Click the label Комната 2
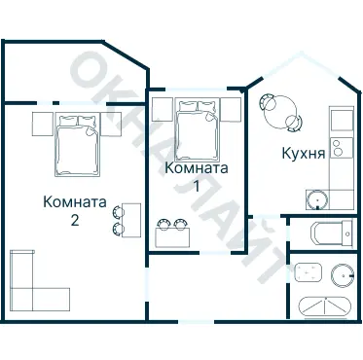pyautogui.click(x=75, y=211)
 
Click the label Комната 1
pyautogui.click(x=197, y=176)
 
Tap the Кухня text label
pyautogui.click(x=302, y=153)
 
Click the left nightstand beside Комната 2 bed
pyautogui.click(x=42, y=124)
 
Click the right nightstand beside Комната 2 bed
pyautogui.click(x=110, y=124)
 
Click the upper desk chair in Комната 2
pyautogui.click(x=119, y=211)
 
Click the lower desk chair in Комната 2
pyautogui.click(x=119, y=229)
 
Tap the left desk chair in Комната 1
pyautogui.click(x=163, y=223)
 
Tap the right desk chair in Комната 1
pyautogui.click(x=181, y=223)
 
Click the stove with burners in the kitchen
pyautogui.click(x=338, y=148)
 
